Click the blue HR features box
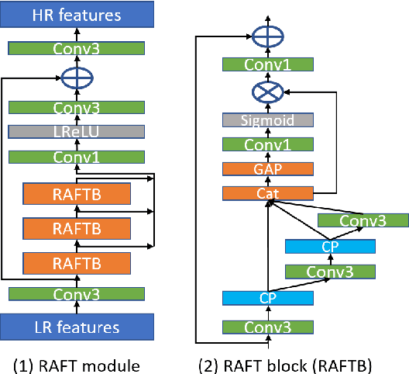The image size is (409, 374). click(x=76, y=15)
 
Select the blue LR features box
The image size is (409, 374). click(x=76, y=327)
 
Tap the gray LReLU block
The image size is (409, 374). click(x=76, y=132)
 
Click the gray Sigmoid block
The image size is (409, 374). click(x=268, y=119)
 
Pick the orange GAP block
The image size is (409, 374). click(x=268, y=168)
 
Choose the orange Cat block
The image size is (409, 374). click(x=268, y=192)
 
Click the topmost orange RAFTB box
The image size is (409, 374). click(x=76, y=193)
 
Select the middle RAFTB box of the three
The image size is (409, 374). click(x=76, y=228)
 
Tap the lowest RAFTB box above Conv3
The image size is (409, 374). click(x=76, y=264)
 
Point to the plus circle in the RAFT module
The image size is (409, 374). click(x=76, y=78)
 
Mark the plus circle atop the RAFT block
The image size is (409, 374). click(x=268, y=35)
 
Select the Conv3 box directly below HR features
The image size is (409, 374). click(x=76, y=48)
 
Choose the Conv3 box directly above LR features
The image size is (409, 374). click(x=76, y=294)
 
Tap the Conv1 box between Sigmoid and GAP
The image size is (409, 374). click(x=268, y=144)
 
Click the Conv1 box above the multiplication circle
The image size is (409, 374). click(x=268, y=65)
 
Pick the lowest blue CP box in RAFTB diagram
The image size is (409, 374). click(x=268, y=298)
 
